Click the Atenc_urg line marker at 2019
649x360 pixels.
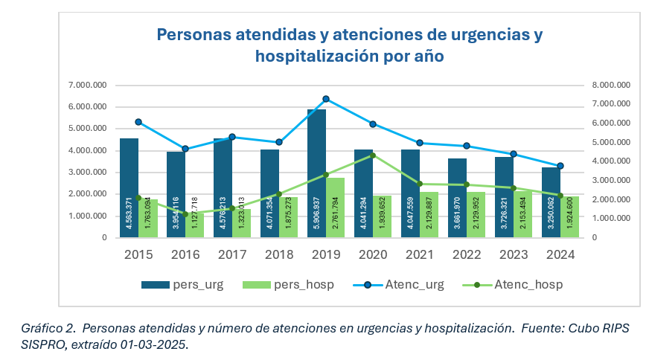[325, 99]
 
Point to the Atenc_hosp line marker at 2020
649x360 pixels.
[373, 155]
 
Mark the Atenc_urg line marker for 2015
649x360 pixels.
[138, 122]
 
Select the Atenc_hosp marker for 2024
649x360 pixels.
[560, 195]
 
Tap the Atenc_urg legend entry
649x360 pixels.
[405, 284]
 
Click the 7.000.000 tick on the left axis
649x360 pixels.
[87, 85]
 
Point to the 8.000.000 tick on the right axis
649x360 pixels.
[611, 85]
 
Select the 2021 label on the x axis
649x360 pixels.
[419, 255]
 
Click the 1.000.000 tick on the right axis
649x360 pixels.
[611, 219]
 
